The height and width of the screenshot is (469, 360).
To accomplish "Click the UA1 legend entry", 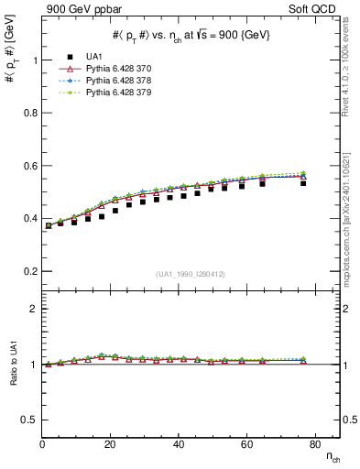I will click(x=99, y=58).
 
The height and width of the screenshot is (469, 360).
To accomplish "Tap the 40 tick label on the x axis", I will click(x=179, y=444).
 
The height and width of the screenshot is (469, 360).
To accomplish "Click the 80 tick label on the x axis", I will click(x=315, y=444).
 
